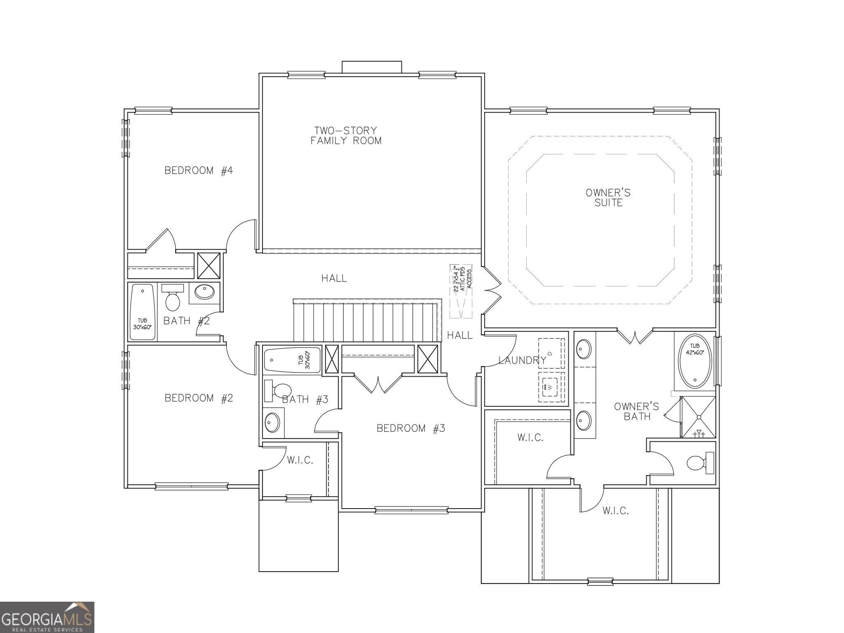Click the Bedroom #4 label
point(199,170)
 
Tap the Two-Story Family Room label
point(346,136)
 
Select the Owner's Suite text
point(608,197)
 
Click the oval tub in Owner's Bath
point(695,361)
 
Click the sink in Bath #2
point(204,292)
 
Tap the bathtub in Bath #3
point(292,360)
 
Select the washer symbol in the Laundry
point(551,387)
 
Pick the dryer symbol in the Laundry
point(551,354)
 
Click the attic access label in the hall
point(462,279)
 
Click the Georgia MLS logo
point(47,617)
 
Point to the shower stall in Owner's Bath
point(699,417)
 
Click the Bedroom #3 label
point(411,428)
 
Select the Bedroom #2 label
point(199,398)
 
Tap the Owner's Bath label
point(636,411)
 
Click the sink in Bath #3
point(272,422)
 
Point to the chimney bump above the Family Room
point(371,67)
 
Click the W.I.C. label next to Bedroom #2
point(300,460)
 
